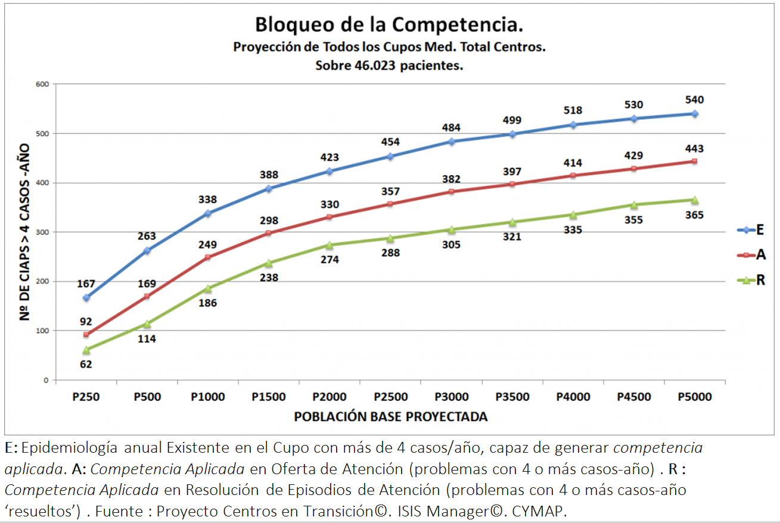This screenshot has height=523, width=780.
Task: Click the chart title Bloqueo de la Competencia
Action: tap(390, 25)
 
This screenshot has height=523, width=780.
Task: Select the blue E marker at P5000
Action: tap(695, 113)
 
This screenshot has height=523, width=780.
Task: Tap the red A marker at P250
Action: tap(86, 334)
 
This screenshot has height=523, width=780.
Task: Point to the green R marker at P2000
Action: tap(330, 245)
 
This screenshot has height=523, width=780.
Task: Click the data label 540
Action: tap(695, 99)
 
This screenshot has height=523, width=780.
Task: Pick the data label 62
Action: tap(86, 364)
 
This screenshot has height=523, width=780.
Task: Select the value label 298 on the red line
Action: tap(268, 220)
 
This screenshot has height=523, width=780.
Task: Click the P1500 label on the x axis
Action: tap(268, 397)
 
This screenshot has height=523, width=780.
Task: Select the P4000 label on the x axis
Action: tap(573, 397)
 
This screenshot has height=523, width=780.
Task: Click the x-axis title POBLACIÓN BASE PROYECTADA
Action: tap(390, 416)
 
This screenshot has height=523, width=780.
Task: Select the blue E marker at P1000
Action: tap(208, 213)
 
